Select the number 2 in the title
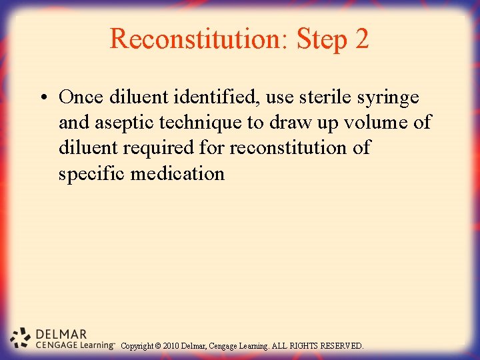point(362,39)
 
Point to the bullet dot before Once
point(42,98)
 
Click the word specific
point(92,174)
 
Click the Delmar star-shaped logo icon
point(21,338)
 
